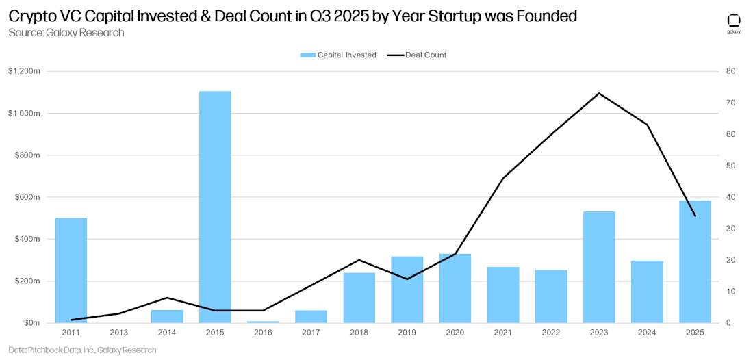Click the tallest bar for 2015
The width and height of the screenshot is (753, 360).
[215, 207]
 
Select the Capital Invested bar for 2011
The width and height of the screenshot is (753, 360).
[71, 270]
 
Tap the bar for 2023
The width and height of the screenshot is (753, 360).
[599, 267]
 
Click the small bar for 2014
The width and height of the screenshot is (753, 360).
[167, 316]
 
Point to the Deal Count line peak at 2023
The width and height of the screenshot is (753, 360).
[599, 93]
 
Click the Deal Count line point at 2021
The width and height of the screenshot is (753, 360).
[503, 178]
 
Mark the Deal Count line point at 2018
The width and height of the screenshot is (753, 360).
[359, 260]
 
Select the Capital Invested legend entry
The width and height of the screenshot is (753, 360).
[338, 55]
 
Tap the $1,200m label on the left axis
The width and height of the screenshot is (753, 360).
[24, 71]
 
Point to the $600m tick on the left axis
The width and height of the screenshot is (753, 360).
[27, 197]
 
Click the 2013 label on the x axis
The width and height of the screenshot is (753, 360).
[119, 333]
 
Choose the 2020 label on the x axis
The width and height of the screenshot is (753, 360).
[455, 333]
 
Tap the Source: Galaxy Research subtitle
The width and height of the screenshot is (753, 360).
[66, 33]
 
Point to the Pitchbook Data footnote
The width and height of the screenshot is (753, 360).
[82, 350]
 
